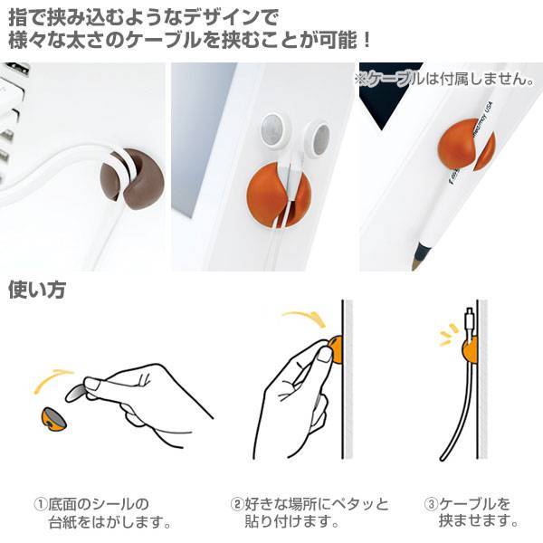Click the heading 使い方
[x=37, y=290]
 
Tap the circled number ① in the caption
[x=40, y=504]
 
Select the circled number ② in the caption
[x=237, y=504]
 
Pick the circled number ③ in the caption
[x=432, y=504]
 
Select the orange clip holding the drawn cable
[x=470, y=350]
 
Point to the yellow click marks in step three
[x=449, y=335]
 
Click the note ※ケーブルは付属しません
[x=444, y=80]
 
